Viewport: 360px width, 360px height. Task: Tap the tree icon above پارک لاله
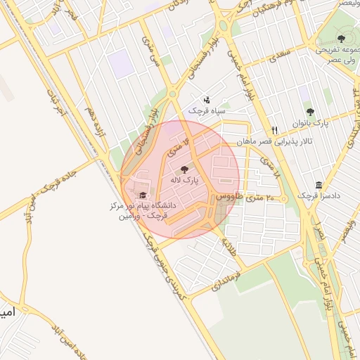184,169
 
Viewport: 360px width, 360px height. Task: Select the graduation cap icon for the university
143,195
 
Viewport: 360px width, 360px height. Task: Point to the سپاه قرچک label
205,111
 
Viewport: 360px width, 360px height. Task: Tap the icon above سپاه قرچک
206,100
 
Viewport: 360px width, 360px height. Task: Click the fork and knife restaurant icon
274,130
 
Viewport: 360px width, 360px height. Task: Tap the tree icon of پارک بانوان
311,112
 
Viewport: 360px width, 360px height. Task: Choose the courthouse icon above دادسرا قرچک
319,185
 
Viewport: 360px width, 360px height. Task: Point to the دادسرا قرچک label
314,195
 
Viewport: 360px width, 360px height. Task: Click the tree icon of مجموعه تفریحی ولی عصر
341,39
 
